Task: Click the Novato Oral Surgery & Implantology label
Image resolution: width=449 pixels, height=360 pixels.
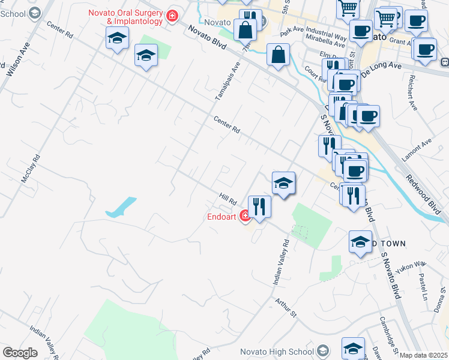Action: pos(126,17)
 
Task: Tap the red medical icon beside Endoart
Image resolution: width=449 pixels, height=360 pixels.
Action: pos(245,216)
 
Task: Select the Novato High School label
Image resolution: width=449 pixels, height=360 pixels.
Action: pos(277,352)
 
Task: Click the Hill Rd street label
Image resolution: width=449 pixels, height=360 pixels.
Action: pos(229,197)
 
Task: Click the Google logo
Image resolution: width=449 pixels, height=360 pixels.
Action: pos(20,353)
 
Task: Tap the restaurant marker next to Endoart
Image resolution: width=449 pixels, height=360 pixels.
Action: pos(259,207)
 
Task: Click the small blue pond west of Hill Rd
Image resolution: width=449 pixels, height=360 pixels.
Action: pos(121,206)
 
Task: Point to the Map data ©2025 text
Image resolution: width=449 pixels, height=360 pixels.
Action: pos(423,355)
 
